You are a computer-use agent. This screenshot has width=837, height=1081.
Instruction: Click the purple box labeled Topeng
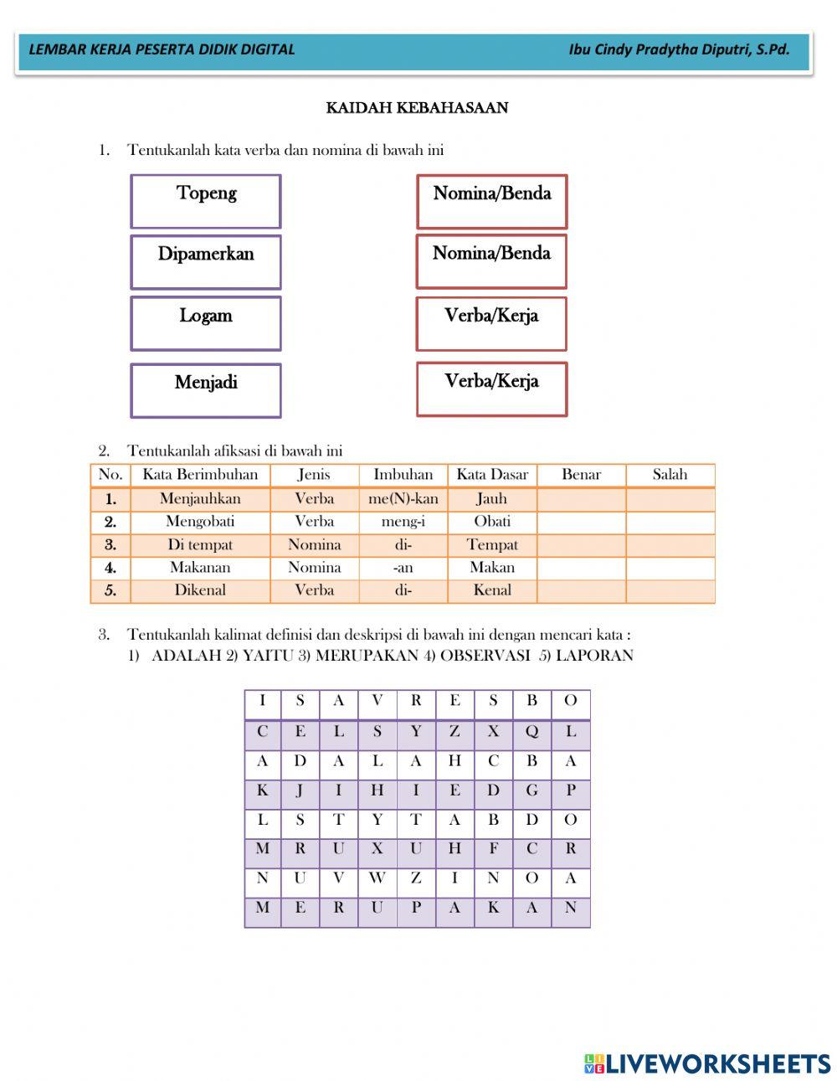[x=206, y=201]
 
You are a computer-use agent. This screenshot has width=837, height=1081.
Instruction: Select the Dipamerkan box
[x=206, y=261]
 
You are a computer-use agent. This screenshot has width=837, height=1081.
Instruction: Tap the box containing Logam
[x=206, y=322]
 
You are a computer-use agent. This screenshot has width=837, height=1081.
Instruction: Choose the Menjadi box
[x=206, y=389]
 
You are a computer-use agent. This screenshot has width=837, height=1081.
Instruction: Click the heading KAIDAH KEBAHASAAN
[x=417, y=108]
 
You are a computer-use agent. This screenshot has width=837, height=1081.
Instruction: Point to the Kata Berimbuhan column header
[x=200, y=475]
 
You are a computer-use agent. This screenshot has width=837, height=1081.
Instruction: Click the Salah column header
[x=670, y=475]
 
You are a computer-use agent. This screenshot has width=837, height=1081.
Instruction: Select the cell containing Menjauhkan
[x=200, y=499]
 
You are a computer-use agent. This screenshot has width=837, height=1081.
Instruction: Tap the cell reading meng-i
[x=403, y=522]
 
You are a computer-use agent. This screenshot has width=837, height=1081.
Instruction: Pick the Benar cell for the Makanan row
[x=581, y=568]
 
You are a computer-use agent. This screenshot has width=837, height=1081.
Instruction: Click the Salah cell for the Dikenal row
[x=670, y=590]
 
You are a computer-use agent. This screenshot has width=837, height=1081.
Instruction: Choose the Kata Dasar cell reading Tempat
[x=492, y=545]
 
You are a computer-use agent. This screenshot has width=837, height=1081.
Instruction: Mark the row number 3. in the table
[x=110, y=545]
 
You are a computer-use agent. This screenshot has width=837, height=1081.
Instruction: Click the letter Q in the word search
[x=531, y=731]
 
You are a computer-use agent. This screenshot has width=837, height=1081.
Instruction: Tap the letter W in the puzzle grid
[x=377, y=878]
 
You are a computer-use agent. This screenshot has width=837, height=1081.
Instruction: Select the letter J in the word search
[x=300, y=790]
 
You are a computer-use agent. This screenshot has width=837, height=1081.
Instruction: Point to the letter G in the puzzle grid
[x=531, y=790]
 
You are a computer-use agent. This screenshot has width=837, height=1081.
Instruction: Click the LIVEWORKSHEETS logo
[x=707, y=1063]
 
